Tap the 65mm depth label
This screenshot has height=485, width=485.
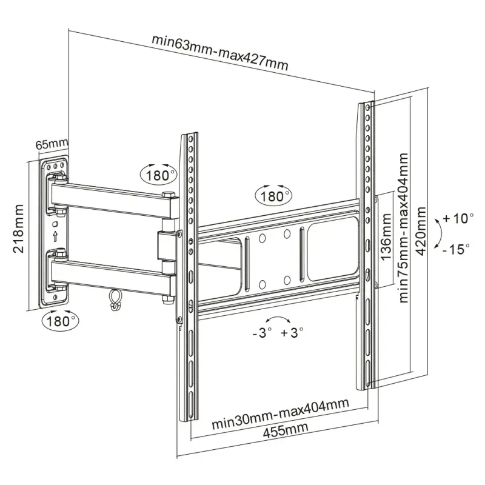[x=52, y=145]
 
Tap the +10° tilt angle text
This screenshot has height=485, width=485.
[x=458, y=218]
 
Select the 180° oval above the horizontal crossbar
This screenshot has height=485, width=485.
[x=273, y=195]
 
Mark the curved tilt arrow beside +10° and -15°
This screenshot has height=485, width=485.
[x=436, y=234]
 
